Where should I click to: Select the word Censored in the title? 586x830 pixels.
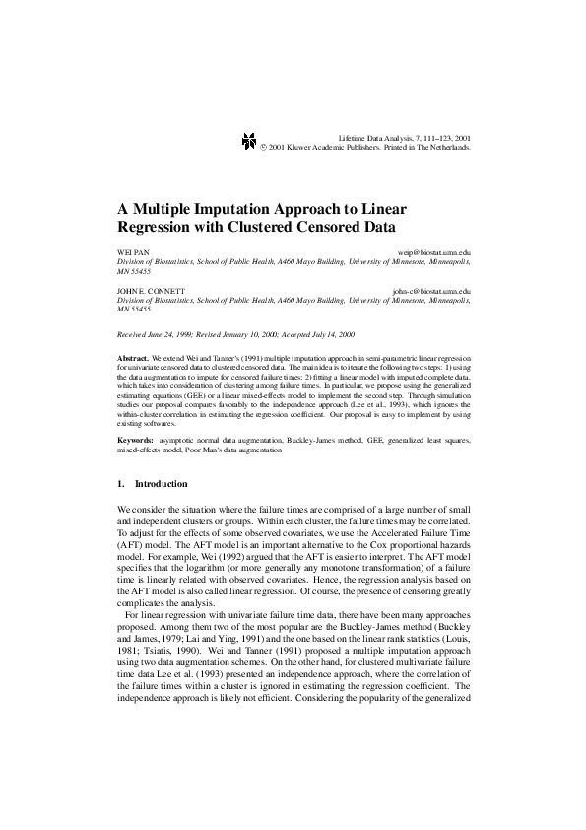coord(327,226)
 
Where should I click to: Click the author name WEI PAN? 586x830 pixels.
coord(133,253)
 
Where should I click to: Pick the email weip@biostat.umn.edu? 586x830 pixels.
coord(433,253)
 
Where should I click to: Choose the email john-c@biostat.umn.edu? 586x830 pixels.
coord(430,292)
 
